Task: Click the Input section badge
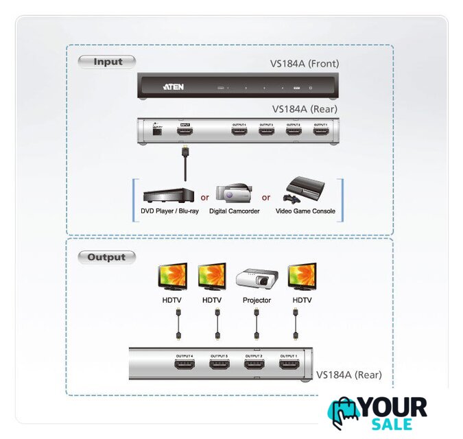[x=107, y=62]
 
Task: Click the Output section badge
[x=106, y=257]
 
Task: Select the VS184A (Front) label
[x=304, y=64]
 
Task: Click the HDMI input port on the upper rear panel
[x=185, y=130]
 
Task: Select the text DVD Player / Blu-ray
[x=165, y=211]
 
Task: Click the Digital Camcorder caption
[x=234, y=211]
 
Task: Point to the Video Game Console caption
[x=305, y=211]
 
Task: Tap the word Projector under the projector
[x=257, y=300]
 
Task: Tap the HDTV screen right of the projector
[x=301, y=276]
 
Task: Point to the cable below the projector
[x=257, y=322]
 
